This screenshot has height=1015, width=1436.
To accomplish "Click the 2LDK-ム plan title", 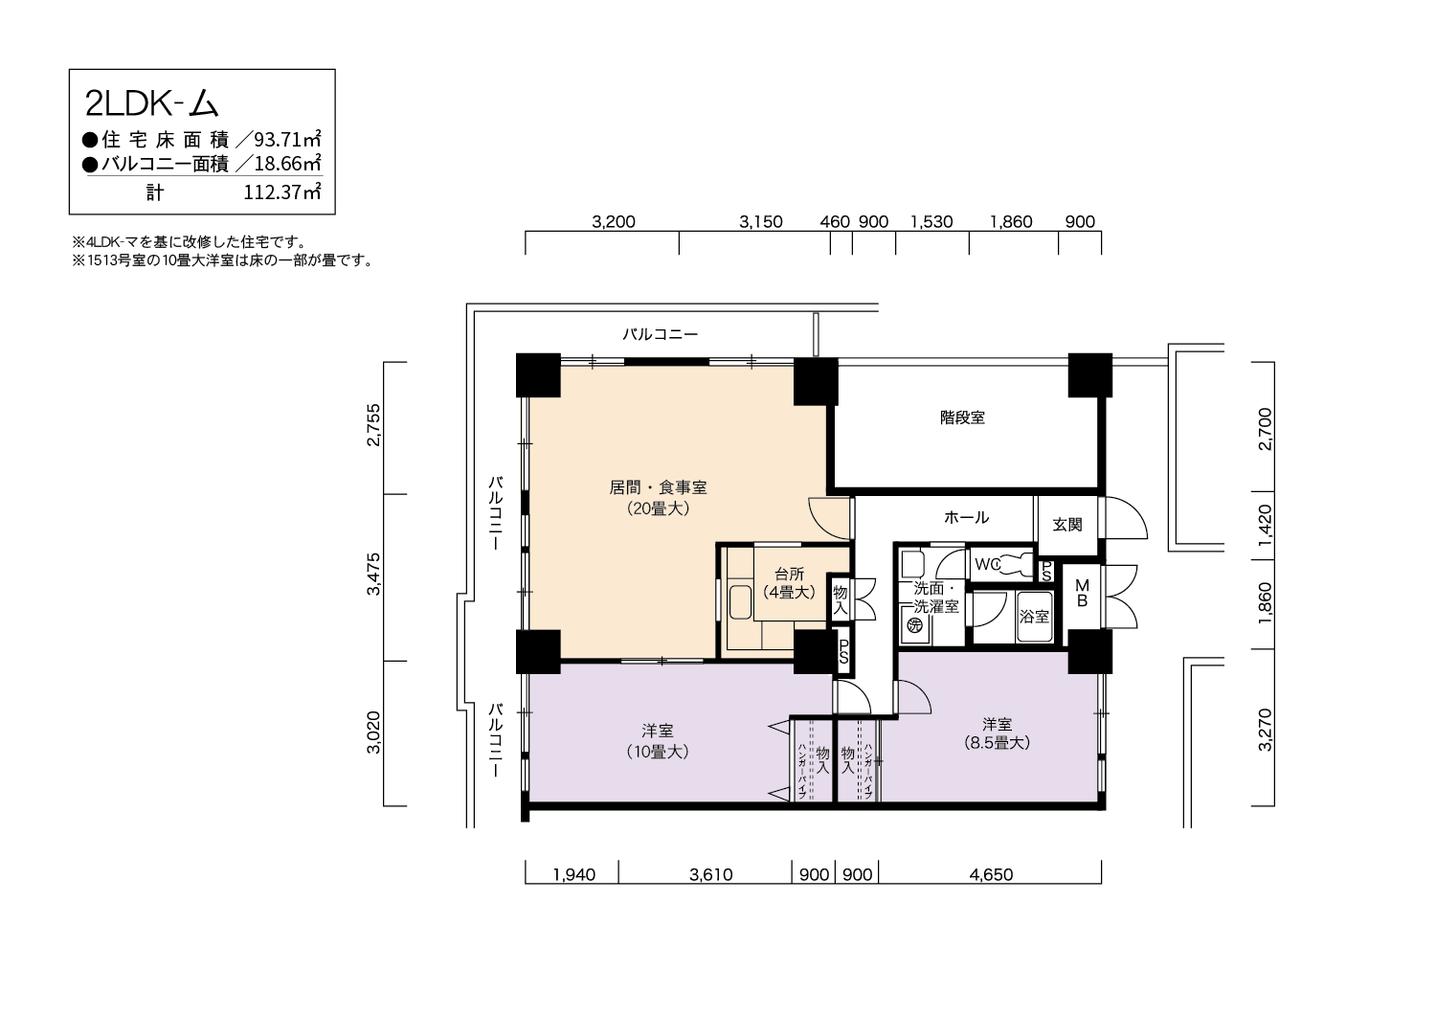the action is tap(152, 102).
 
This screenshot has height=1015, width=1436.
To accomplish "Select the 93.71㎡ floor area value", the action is tap(287, 139).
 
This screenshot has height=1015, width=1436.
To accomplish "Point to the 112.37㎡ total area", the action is tap(282, 192).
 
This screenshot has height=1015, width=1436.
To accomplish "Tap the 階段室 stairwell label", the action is tap(962, 417).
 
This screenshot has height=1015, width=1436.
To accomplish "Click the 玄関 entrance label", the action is tap(1067, 525).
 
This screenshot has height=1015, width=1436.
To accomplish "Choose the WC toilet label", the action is tap(988, 564).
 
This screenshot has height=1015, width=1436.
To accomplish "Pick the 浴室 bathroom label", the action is tap(1034, 617).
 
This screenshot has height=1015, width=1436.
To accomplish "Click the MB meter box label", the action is tap(1082, 593).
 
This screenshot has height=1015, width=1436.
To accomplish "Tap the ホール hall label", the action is tap(966, 517).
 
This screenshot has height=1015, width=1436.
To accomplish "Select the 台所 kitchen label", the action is tap(789, 574).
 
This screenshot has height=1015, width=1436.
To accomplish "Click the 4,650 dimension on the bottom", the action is tap(991, 874).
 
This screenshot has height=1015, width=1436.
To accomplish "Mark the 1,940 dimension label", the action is tap(574, 874).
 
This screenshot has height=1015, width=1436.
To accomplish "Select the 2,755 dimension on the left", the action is tap(373, 424).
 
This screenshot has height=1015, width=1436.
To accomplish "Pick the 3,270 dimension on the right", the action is tap(1265, 730).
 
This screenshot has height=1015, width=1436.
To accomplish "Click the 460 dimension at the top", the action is tap(835, 222).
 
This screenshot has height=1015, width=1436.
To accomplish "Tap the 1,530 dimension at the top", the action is tap(931, 222).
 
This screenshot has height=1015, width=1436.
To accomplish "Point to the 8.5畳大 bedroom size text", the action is tap(997, 742).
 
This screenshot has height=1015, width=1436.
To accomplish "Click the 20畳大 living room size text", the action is tap(658, 508).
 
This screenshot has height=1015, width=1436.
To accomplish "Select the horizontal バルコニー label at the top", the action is tap(661, 334).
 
